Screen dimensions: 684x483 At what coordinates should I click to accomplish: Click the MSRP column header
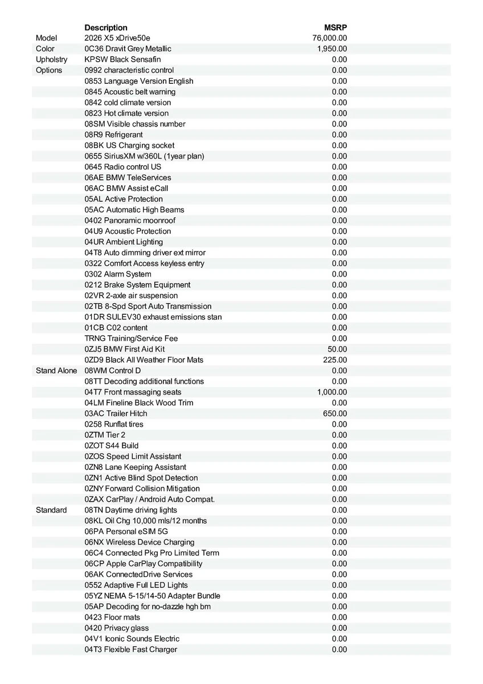[335, 27]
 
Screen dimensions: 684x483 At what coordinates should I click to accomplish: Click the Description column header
[106, 27]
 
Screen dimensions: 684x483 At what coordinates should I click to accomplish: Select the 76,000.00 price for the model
[330, 38]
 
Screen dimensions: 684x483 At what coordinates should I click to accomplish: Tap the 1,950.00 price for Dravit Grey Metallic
[332, 49]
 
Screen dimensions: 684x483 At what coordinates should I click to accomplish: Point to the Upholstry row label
[51, 60]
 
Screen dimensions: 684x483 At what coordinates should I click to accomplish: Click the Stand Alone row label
[56, 371]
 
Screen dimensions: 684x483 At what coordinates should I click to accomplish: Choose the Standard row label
[51, 510]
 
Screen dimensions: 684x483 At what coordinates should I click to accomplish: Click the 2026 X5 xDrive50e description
[117, 38]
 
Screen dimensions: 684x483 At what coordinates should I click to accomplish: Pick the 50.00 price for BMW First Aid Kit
[337, 349]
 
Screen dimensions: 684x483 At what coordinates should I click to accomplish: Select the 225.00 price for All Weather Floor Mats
[335, 360]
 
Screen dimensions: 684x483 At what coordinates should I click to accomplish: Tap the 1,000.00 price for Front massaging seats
[332, 392]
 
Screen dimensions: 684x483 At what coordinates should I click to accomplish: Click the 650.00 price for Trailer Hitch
[335, 414]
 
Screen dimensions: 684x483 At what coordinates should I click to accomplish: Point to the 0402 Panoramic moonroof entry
[130, 221]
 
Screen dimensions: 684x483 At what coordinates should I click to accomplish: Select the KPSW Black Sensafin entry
[122, 60]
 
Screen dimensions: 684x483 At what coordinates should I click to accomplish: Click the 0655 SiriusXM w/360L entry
[144, 156]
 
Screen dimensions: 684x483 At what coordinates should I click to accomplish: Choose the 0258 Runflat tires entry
[114, 425]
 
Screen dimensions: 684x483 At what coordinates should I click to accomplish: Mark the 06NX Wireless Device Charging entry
[140, 543]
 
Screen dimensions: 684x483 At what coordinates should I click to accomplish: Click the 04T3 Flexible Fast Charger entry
[131, 650]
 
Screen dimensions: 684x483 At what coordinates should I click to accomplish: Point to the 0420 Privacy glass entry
[117, 628]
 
